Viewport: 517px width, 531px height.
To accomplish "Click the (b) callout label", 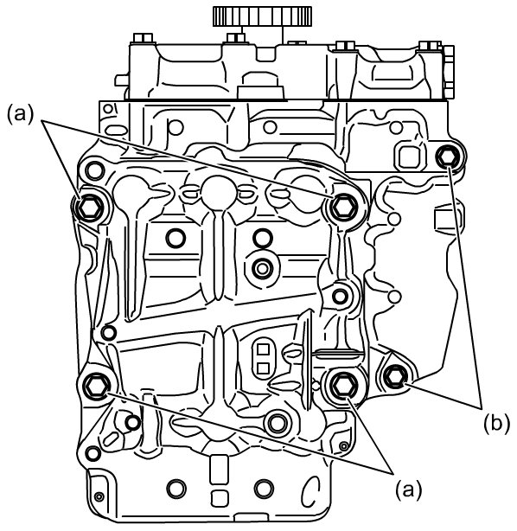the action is pos(496,424).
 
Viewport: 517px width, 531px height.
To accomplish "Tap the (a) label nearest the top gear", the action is pos(21,112).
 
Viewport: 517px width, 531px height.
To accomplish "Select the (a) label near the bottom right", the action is pos(409,489).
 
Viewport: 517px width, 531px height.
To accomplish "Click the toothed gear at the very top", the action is pos(262,16).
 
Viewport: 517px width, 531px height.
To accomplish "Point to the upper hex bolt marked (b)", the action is pos(448,157).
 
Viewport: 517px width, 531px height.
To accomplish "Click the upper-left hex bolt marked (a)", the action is pos(89,208).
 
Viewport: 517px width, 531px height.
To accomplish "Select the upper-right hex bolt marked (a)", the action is pos(344,207).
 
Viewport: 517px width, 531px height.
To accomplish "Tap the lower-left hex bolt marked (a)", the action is pos(97,386).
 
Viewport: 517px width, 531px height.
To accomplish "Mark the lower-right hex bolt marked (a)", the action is pos(344,386).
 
